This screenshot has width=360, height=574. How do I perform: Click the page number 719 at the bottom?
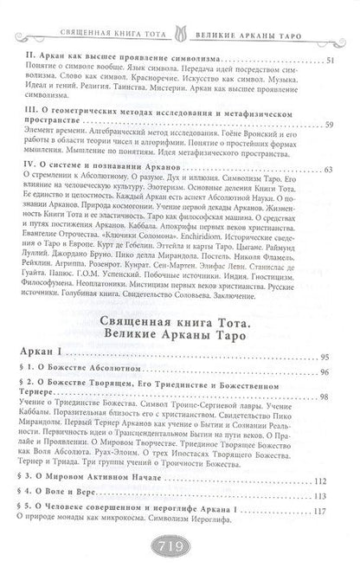coord(179,549)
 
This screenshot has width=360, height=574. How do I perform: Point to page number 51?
coord(334,62)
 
